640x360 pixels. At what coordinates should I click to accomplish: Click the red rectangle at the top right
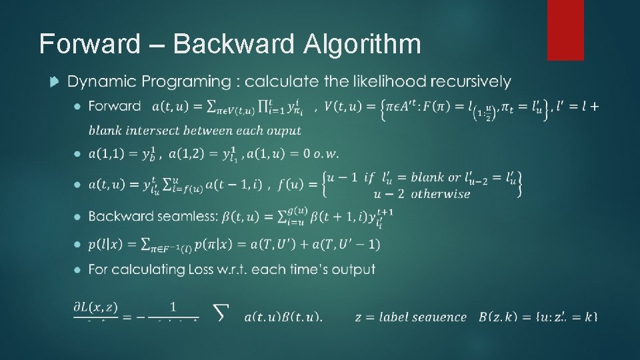[565, 29]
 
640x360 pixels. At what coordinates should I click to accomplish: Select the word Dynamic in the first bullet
[97, 81]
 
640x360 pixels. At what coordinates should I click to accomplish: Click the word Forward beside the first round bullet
[114, 105]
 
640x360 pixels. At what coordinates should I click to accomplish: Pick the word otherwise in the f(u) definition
[441, 194]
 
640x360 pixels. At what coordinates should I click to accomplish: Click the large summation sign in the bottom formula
[222, 311]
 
